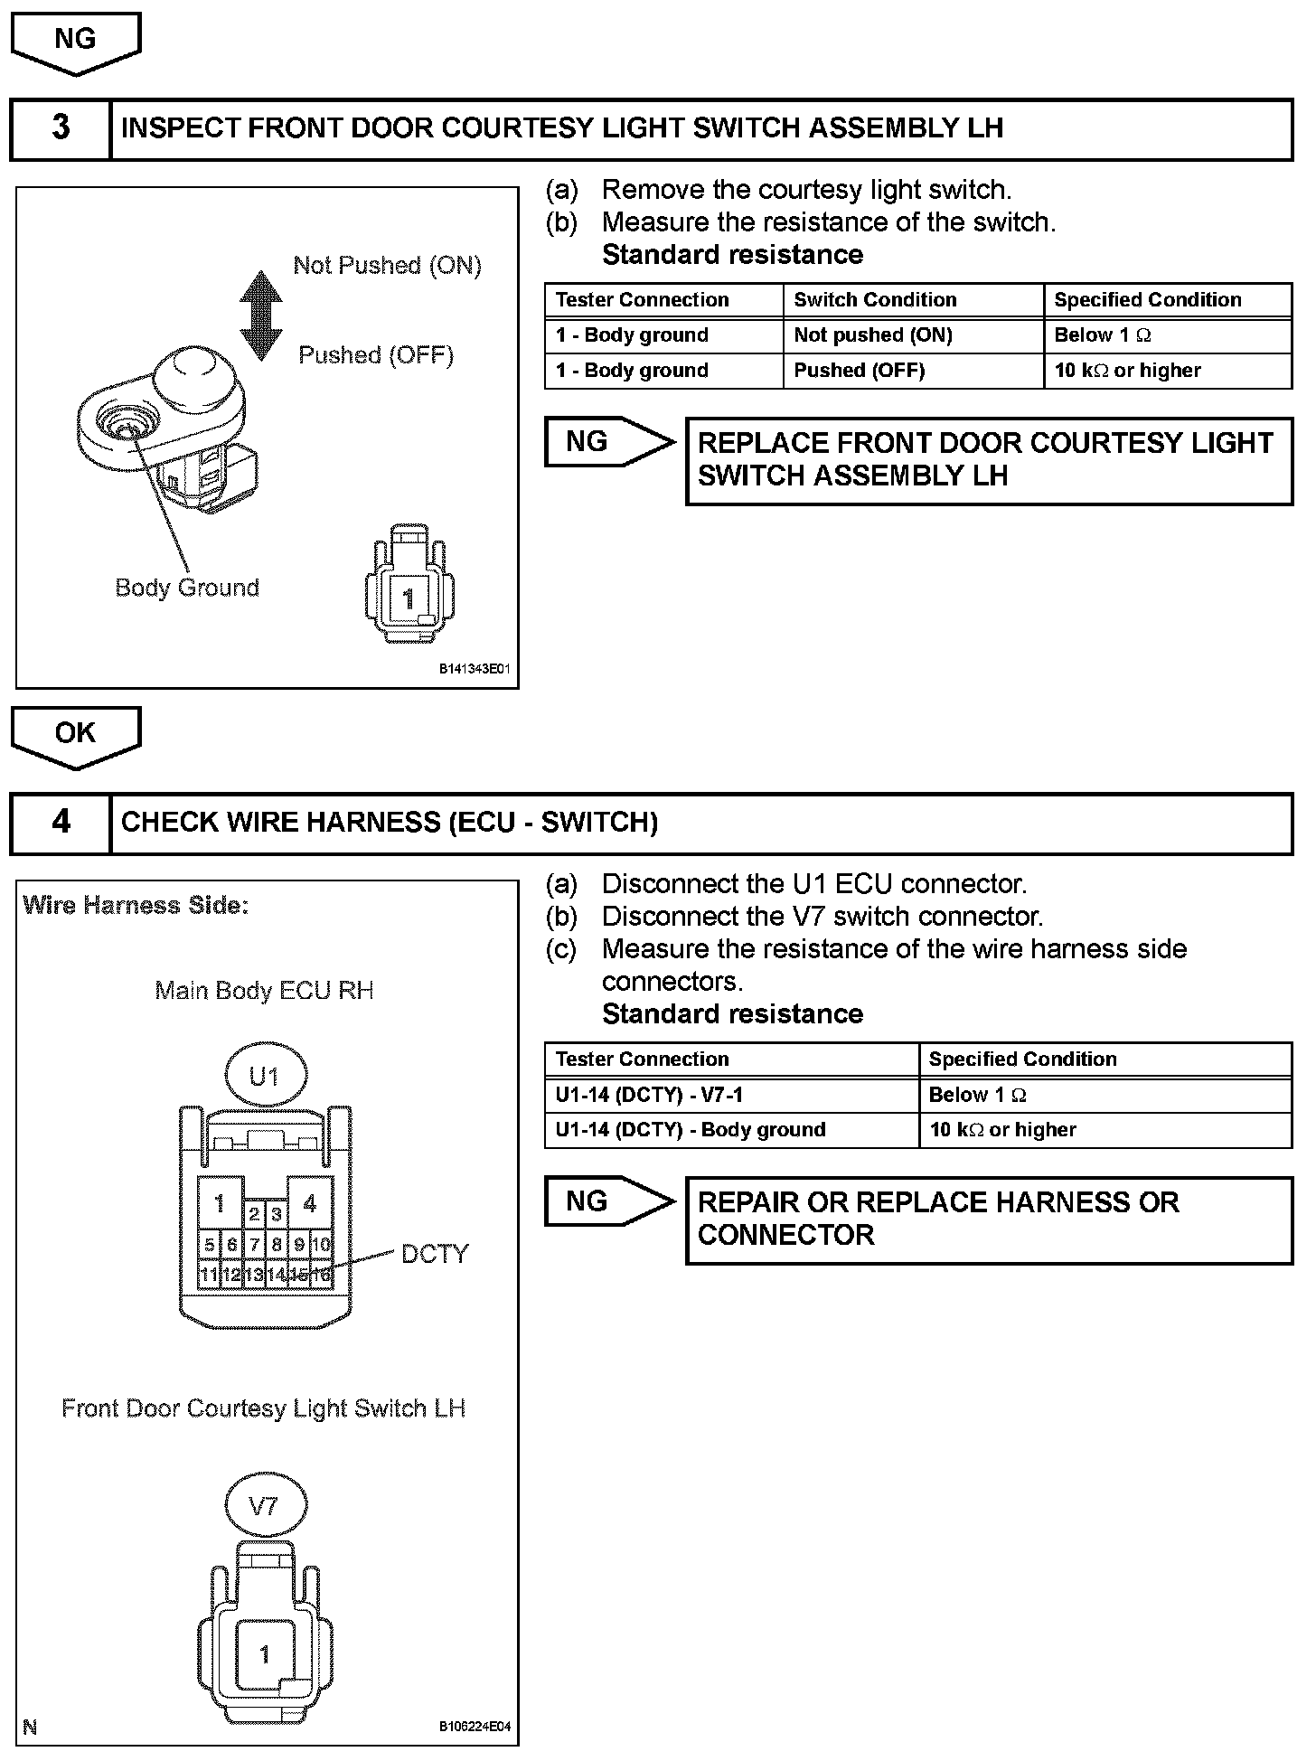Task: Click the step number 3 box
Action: (x=61, y=129)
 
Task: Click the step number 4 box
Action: (x=61, y=823)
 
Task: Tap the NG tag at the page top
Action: (x=76, y=41)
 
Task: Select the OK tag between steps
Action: (x=76, y=734)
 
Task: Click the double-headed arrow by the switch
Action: (x=261, y=315)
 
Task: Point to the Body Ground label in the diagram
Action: (x=187, y=589)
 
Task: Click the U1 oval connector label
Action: (x=265, y=1077)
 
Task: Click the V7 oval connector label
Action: (x=265, y=1506)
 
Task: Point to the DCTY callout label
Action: (x=435, y=1255)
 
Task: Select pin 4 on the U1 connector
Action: (x=309, y=1203)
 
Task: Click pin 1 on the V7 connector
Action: (x=264, y=1653)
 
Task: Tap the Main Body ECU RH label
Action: (x=264, y=991)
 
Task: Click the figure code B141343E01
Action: (x=475, y=670)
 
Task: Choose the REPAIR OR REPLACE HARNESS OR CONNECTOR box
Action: (x=989, y=1220)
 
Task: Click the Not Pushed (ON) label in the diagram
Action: (x=387, y=266)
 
